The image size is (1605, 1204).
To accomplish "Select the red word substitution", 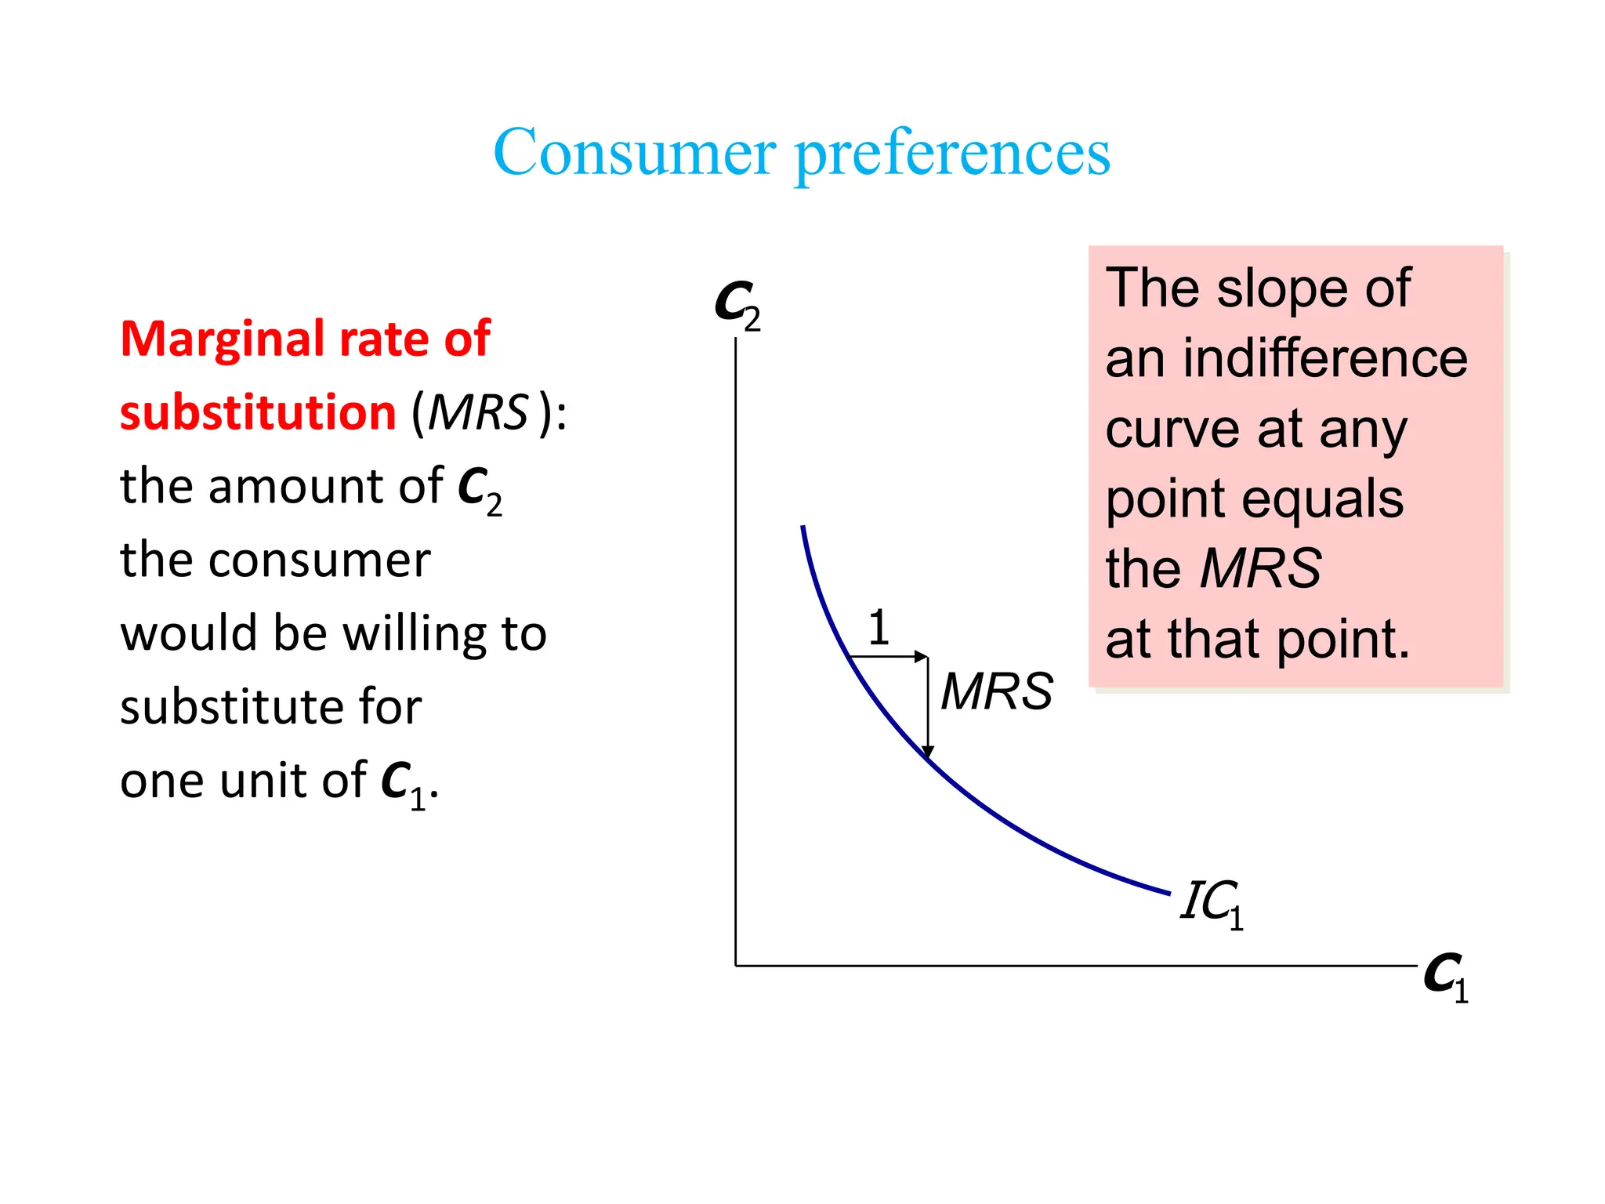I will coord(258,412).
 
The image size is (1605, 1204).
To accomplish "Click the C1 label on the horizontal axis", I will coord(1445,977).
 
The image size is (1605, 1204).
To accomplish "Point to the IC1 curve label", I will coord(1211,903).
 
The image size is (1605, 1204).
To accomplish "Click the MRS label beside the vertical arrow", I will coord(996,691).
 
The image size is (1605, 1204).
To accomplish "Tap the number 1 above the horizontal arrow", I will coord(879,628).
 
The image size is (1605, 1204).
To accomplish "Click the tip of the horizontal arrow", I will coord(926,656).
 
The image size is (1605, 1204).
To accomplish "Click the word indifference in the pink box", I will coord(1324,359).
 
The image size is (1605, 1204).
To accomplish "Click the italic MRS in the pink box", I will coord(1260,568).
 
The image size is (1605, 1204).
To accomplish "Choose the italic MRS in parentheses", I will coord(478,412).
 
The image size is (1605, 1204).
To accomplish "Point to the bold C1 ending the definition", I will coord(402,782).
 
